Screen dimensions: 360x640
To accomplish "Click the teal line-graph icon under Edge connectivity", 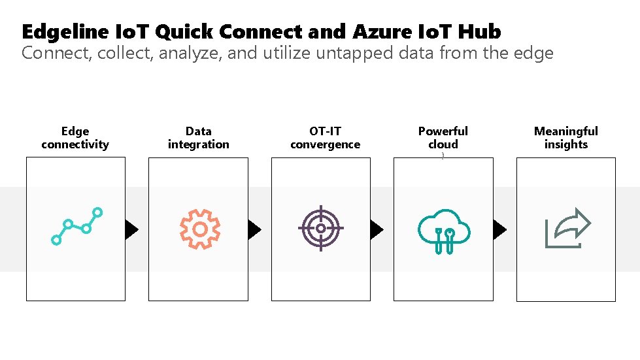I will (x=76, y=226).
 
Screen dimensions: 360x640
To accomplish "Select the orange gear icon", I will (x=200, y=229).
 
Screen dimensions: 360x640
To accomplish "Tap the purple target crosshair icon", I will (x=320, y=229).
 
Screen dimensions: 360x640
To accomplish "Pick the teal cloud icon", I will (x=444, y=230).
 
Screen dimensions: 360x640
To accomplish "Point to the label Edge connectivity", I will (x=75, y=138).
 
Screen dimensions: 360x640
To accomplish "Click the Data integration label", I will (x=199, y=138).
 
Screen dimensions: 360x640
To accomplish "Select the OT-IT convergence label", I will (x=325, y=138).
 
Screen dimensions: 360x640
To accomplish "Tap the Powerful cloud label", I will (x=443, y=138).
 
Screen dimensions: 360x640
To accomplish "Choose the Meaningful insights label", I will (x=566, y=138).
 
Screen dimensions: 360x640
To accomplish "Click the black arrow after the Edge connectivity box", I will (x=132, y=229).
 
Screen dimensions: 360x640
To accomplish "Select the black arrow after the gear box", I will (x=254, y=229).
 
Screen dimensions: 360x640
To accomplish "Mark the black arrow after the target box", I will (x=377, y=229).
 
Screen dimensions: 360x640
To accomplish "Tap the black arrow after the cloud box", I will (x=499, y=229).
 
